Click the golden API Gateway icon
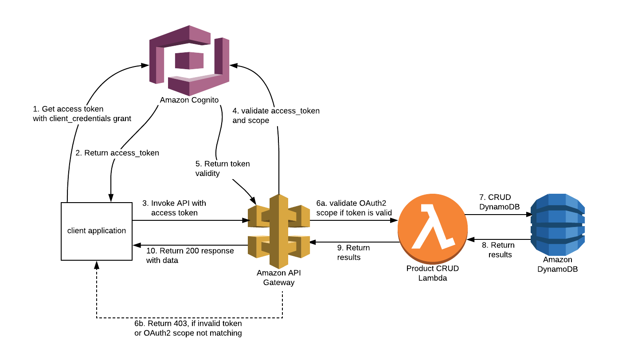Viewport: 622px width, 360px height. point(279,231)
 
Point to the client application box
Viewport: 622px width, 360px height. point(97,231)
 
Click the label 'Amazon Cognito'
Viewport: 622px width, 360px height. point(189,100)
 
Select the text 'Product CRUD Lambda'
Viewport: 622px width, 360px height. point(432,273)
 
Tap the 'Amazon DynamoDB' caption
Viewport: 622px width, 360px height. point(557,264)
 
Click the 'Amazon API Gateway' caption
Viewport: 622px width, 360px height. point(278,278)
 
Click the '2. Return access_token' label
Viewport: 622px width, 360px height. point(117,153)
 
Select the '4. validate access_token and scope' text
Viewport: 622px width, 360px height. point(275,115)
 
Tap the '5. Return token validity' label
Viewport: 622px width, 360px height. point(222,168)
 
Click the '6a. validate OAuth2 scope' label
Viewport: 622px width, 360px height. point(354,207)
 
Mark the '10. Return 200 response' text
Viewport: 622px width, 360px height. point(189,255)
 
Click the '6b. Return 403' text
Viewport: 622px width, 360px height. point(188,329)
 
